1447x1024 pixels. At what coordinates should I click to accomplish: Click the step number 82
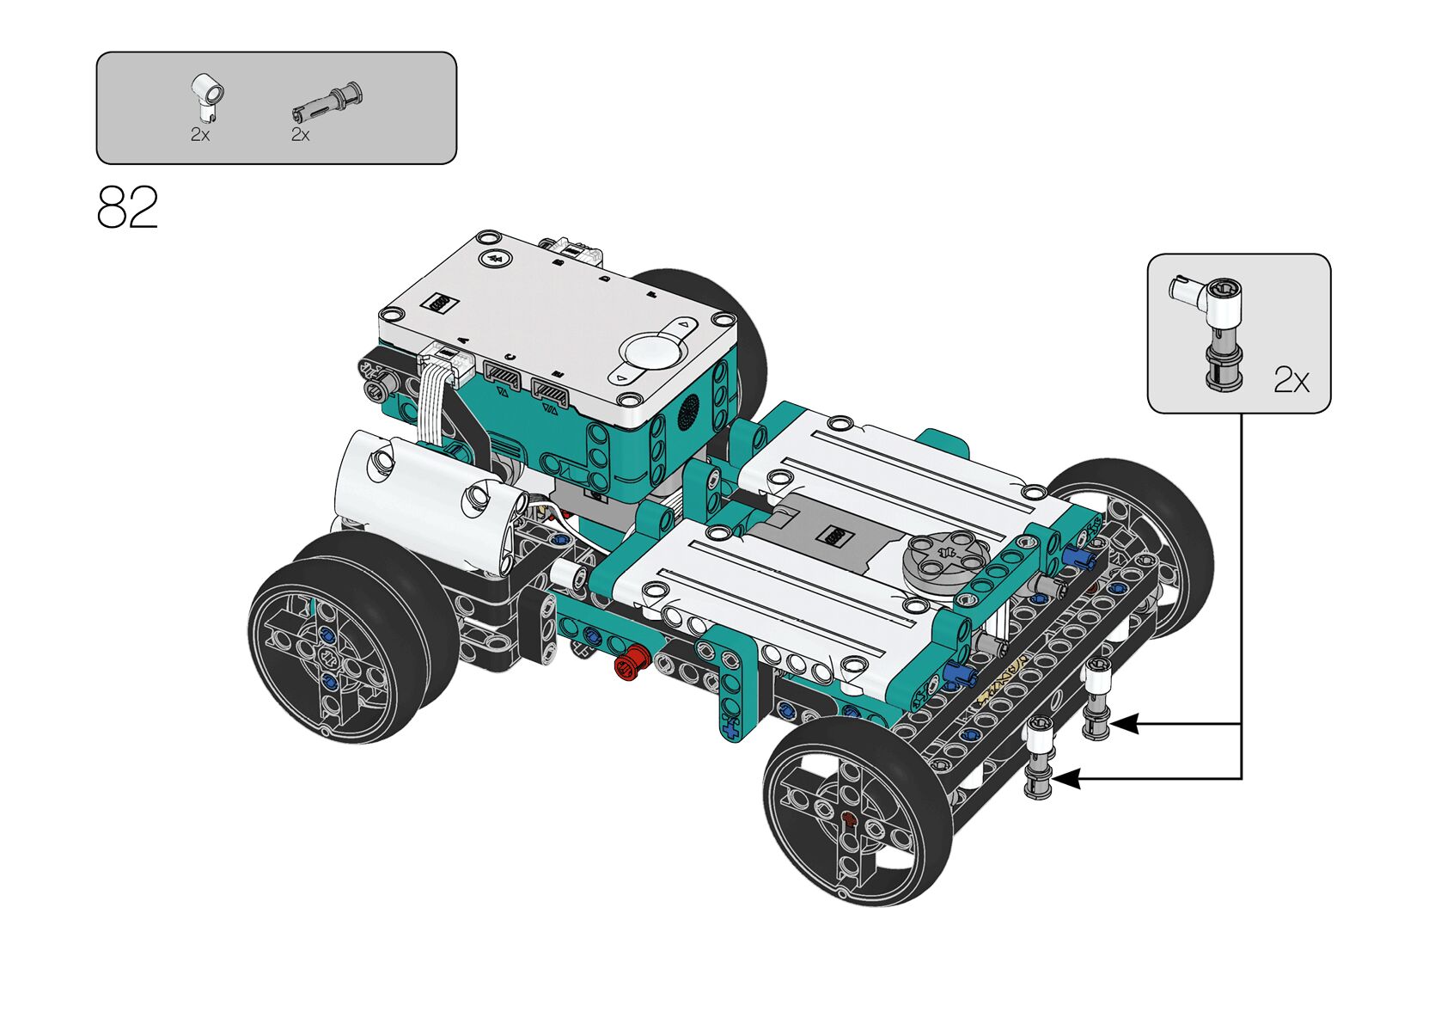[127, 207]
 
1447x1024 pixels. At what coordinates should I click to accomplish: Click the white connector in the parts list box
[207, 96]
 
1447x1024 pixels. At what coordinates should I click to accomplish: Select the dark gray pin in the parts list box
[327, 103]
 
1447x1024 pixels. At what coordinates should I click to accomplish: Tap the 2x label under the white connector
[200, 134]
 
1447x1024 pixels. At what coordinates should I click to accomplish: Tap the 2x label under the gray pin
[301, 134]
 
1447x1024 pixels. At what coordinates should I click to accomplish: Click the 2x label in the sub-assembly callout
[1291, 380]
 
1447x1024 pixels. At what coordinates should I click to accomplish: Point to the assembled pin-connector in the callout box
[1213, 331]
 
